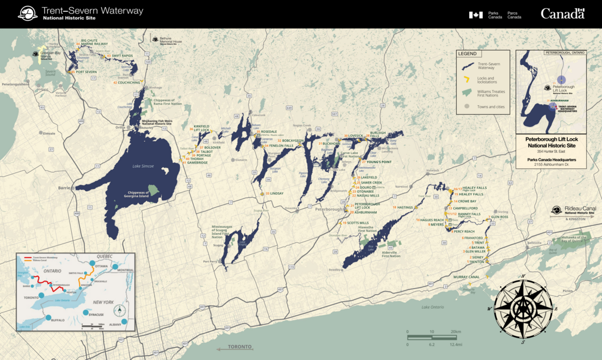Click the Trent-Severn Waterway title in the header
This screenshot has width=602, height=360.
point(92,11)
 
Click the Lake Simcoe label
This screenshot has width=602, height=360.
point(142,166)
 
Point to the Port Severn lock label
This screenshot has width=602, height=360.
point(86,72)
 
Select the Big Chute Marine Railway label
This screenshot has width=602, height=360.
point(95,42)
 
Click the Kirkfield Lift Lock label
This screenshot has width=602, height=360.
point(202,128)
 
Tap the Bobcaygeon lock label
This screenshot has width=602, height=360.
point(292,141)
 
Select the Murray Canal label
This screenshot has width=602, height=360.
point(466,276)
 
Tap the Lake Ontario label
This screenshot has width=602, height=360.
point(433,307)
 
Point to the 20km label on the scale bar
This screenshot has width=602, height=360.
point(455,332)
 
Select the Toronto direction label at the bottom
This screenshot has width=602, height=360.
point(239,347)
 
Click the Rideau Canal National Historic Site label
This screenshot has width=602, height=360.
point(580,209)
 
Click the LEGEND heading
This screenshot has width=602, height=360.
point(467,54)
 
